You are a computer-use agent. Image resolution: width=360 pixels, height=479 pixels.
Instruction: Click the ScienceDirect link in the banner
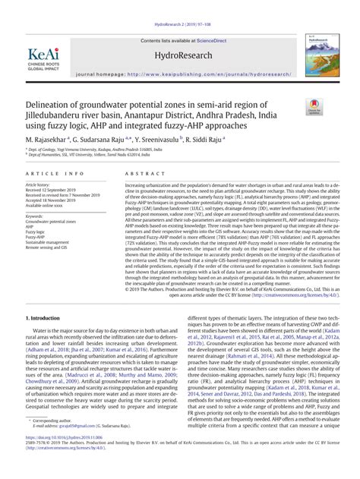pyautogui.click(x=213, y=39)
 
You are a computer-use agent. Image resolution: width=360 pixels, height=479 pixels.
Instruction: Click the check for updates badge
pyautogui.click(x=312, y=108)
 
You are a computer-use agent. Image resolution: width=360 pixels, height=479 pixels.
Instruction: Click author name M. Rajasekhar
pyautogui.click(x=47, y=140)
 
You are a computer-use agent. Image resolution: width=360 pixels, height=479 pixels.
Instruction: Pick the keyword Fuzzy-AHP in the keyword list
pyautogui.click(x=37, y=237)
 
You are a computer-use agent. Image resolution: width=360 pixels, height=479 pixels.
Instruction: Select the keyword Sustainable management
pyautogui.click(x=52, y=242)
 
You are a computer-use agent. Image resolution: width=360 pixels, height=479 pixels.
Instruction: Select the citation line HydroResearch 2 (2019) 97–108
pyautogui.click(x=180, y=5)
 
